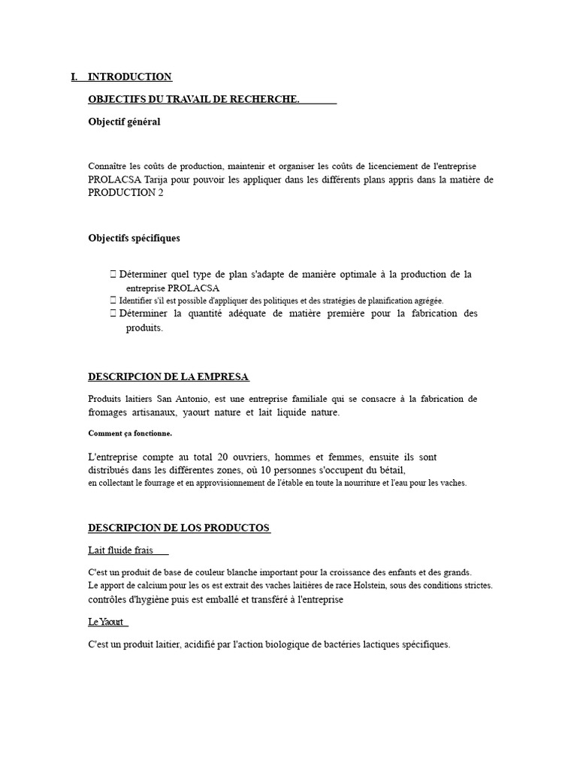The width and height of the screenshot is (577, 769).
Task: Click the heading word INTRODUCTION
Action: (x=129, y=77)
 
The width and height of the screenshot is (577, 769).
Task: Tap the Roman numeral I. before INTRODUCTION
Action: (x=74, y=77)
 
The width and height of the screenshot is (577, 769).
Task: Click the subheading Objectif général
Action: (x=124, y=122)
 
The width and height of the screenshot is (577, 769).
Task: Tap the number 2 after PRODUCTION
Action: (x=159, y=192)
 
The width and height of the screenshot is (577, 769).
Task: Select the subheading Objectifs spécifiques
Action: (x=134, y=238)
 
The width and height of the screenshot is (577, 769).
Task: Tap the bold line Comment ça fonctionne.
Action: (x=130, y=433)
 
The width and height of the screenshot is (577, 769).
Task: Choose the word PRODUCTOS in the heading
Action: (x=237, y=528)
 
